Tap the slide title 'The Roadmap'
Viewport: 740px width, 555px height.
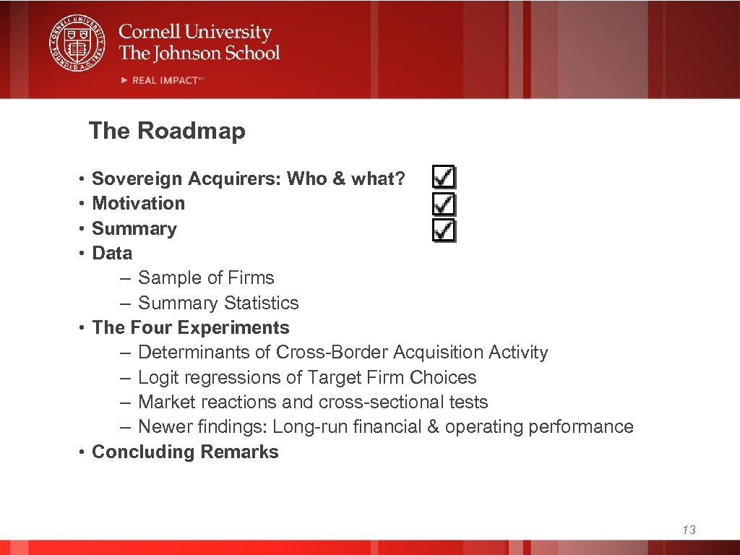pos(167,131)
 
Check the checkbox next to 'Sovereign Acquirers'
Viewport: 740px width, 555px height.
pos(444,178)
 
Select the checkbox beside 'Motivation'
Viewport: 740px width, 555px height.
pos(444,203)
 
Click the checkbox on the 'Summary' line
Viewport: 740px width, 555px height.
pos(444,230)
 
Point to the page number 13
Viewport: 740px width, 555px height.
pos(689,530)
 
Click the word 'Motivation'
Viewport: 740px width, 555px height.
pos(139,204)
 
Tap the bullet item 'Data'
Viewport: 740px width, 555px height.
pos(112,254)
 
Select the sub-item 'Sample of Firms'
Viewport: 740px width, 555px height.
pos(206,278)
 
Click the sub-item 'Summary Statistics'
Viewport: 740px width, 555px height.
pos(218,303)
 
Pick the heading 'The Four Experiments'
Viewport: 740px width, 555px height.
pos(191,327)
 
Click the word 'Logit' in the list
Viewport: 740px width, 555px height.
pos(158,377)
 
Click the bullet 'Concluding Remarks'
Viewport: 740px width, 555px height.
pos(185,452)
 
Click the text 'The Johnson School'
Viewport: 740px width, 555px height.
pos(199,53)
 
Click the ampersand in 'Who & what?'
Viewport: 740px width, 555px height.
pos(339,178)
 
